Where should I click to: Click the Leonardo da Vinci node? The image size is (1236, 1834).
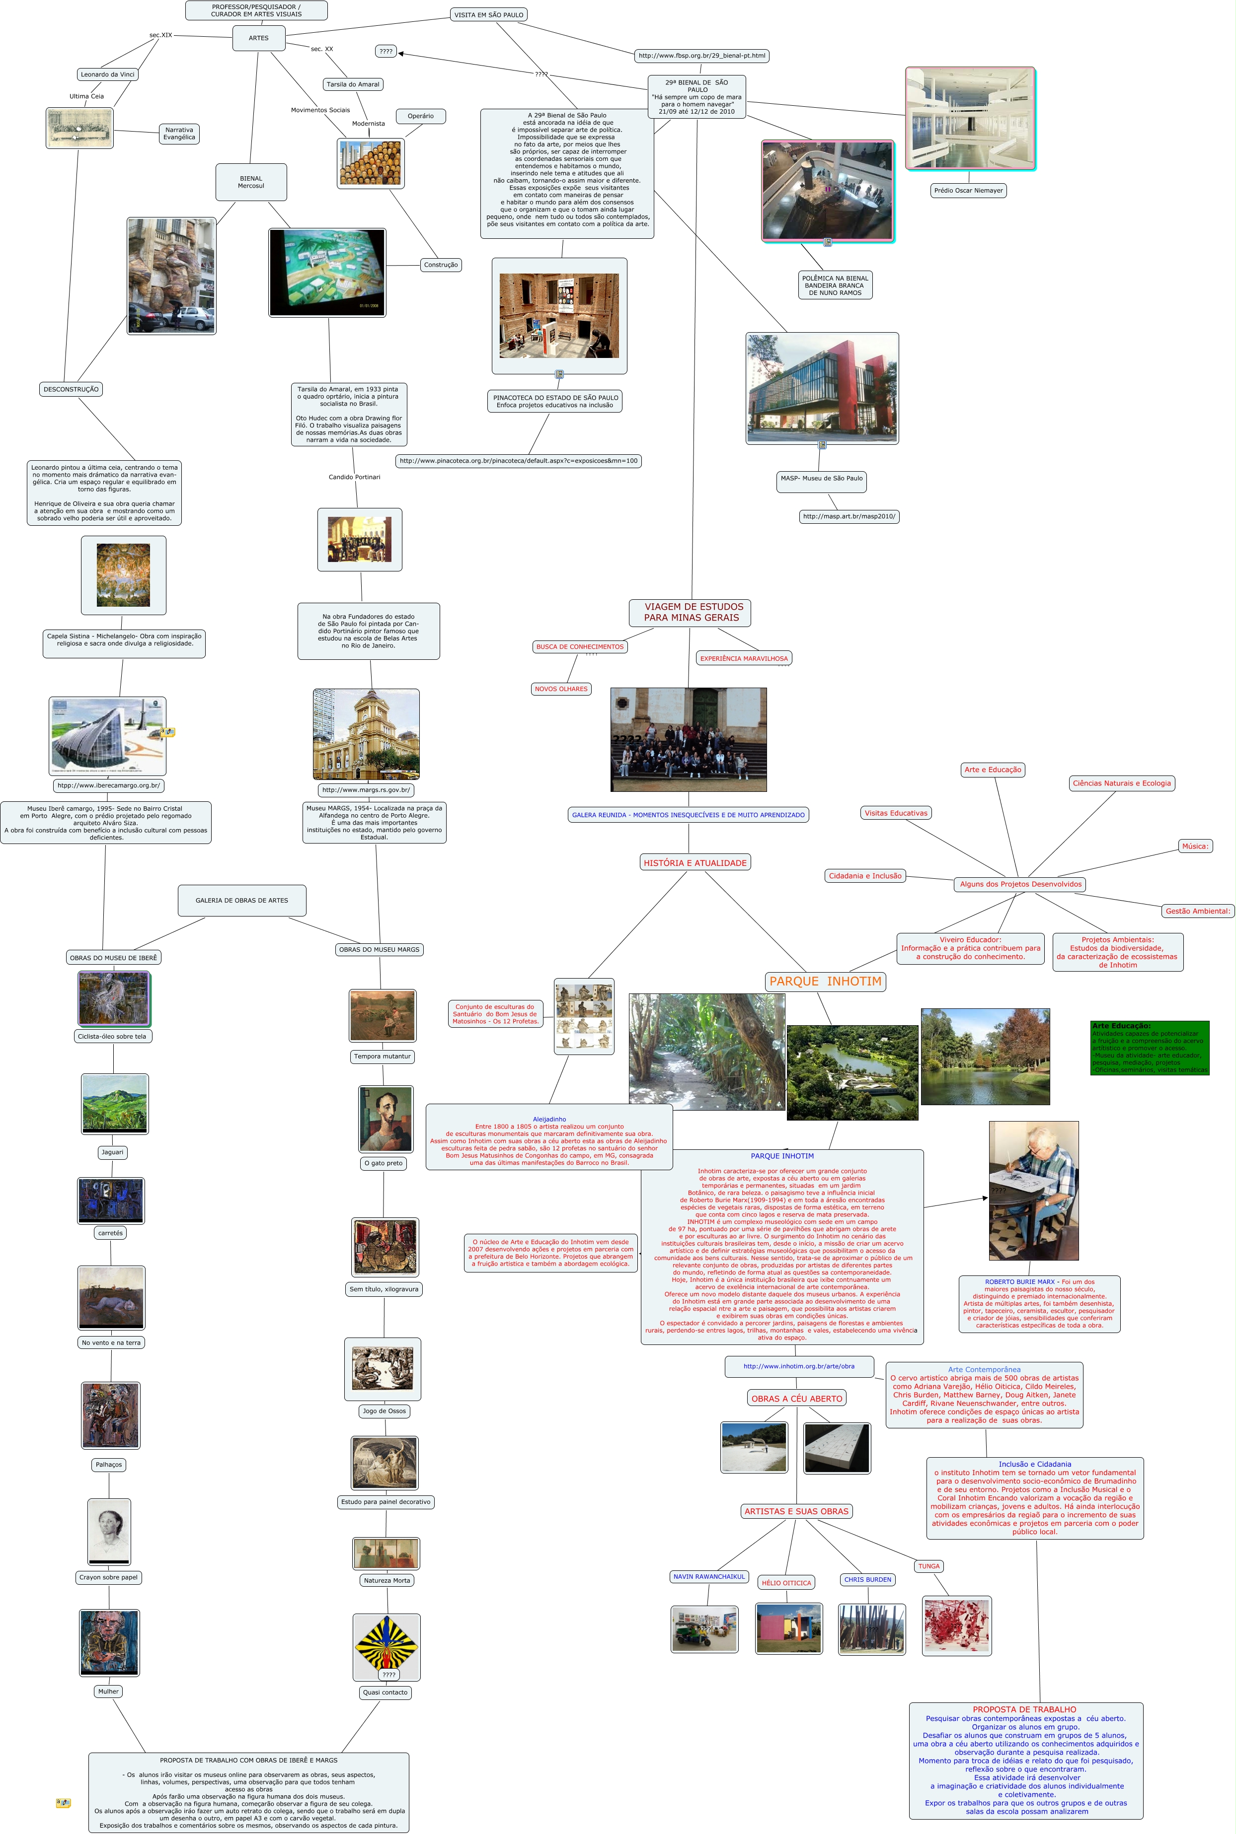point(108,74)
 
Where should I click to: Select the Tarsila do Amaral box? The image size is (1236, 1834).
point(353,84)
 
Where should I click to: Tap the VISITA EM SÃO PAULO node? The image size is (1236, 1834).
point(489,15)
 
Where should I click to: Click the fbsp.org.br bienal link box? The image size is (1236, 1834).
point(701,56)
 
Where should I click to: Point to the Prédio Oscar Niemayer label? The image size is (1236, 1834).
point(968,191)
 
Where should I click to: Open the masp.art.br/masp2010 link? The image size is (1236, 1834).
point(849,517)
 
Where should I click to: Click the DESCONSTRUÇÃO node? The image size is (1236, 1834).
point(71,389)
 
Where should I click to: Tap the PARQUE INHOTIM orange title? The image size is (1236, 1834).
point(825,982)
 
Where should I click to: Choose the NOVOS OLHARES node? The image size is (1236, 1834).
point(561,689)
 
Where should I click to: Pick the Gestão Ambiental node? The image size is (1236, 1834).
point(1197,912)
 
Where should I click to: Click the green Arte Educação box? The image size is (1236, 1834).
point(1149,1048)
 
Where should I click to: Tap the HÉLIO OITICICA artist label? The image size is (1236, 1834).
point(786,1583)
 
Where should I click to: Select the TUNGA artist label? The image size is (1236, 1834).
point(928,1566)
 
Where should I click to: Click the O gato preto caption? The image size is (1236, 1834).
point(383,1164)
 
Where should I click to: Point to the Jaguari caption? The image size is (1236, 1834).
point(113,1152)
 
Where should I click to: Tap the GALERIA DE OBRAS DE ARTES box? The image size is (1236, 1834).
point(242,901)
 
